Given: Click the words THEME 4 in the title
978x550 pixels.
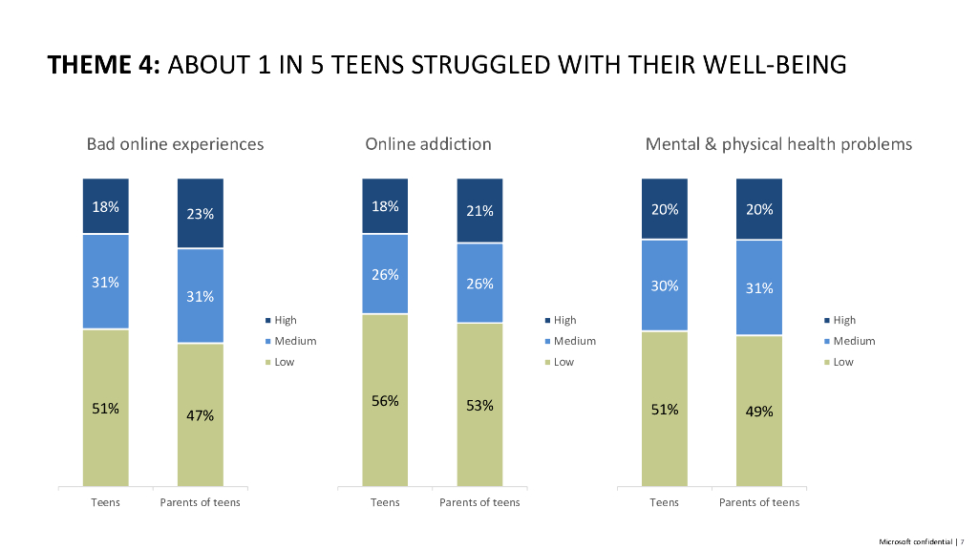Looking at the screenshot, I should coord(105,65).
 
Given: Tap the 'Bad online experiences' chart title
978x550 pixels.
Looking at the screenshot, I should coord(175,144).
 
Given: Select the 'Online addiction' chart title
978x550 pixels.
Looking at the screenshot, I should coord(428,144).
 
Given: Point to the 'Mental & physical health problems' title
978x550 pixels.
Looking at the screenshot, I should coord(778,144).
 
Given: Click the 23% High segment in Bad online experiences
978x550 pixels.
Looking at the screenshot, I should coord(200,213).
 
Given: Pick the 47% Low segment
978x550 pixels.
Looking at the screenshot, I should coord(200,415).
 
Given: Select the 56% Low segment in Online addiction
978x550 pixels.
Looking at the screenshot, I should coord(385,401).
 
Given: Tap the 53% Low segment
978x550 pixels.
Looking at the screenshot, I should coord(479,405).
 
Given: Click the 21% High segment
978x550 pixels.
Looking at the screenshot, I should coord(479,210).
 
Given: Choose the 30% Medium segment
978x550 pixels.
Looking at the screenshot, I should coord(665,286).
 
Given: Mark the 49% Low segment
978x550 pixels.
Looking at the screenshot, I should coord(759,412).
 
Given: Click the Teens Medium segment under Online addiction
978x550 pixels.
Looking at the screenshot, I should coord(385,274).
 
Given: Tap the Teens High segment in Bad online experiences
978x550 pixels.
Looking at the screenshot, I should coord(105,206).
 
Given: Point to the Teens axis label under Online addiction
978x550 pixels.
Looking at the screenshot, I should coord(385,502).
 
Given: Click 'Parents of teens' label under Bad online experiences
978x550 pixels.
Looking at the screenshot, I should coord(200,502).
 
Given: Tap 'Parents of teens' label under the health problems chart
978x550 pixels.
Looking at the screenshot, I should coord(759,502).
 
